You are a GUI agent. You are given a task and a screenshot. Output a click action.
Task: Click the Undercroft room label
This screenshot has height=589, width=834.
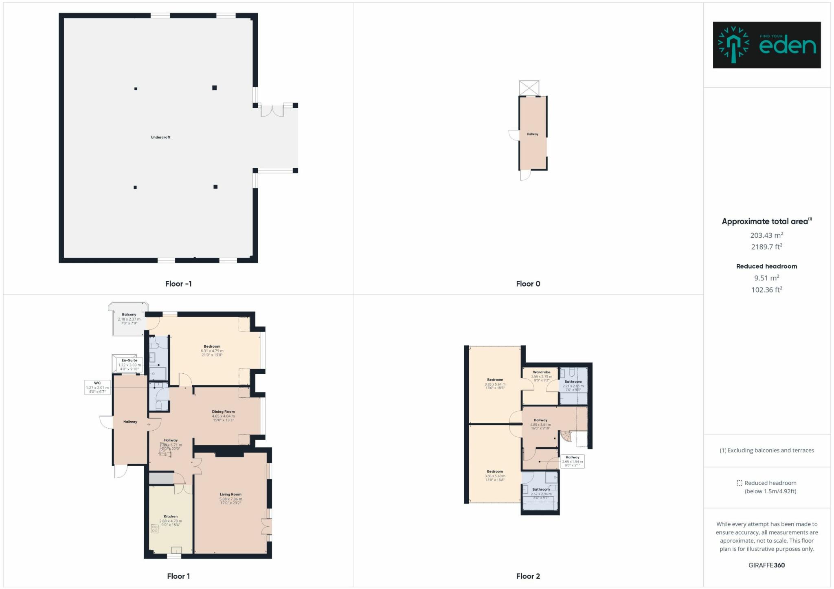[160, 137]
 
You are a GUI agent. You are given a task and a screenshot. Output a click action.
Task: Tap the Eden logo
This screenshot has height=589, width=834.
[766, 45]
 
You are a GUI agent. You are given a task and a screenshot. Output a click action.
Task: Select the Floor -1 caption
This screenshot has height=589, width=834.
[178, 284]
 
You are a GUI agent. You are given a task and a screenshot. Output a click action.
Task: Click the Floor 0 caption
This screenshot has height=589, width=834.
[528, 284]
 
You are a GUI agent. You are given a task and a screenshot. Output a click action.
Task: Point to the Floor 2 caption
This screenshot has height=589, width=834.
[528, 576]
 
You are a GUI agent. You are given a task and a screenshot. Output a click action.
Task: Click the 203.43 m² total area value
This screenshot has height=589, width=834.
[766, 235]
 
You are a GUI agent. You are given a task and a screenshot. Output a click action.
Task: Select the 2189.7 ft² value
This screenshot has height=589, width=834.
[766, 247]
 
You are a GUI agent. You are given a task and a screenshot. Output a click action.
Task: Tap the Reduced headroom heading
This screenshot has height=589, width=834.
[766, 266]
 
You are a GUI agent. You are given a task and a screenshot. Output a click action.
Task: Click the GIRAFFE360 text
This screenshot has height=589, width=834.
[766, 565]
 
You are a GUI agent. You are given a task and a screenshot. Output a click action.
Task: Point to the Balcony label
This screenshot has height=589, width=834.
[129, 315]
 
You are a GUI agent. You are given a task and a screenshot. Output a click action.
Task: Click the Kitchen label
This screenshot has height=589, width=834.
[171, 516]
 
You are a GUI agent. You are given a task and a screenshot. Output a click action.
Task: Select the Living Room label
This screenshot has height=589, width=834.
[230, 494]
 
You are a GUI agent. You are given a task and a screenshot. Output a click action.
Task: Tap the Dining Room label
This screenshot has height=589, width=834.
[223, 412]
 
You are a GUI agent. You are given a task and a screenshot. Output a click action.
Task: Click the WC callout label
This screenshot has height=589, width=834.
[97, 383]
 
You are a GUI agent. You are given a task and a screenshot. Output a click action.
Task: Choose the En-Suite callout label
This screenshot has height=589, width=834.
[129, 360]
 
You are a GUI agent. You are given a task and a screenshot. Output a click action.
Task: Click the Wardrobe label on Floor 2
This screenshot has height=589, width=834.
[542, 372]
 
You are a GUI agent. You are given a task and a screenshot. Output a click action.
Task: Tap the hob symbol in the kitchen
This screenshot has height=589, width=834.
[155, 529]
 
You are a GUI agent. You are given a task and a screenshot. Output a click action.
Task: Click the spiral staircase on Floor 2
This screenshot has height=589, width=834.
[566, 436]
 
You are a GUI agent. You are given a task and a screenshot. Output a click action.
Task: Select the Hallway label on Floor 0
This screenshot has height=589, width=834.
[532, 134]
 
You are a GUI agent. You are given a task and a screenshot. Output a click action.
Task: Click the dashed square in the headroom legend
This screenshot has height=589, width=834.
[739, 483]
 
